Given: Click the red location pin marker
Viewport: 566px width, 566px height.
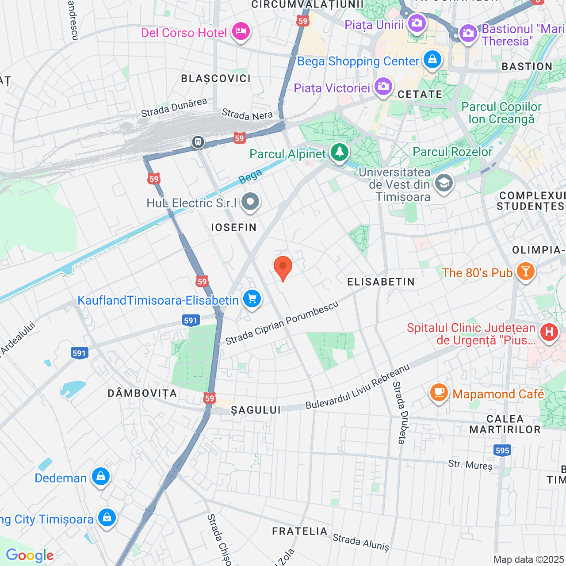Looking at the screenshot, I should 283,267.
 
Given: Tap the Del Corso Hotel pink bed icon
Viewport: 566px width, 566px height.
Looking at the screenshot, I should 241,32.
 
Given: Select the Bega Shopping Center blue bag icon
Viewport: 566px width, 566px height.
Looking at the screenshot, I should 432,59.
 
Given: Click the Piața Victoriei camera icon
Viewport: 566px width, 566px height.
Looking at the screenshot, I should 383,86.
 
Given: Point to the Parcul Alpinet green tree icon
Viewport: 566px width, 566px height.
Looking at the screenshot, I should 339,153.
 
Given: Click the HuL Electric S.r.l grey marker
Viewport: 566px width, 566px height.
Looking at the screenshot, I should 251,202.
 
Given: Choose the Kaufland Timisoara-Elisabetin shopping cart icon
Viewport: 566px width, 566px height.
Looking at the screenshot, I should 252,299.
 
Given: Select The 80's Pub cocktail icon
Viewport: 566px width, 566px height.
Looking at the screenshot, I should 525,272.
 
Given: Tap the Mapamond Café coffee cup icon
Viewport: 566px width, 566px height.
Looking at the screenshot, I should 439,392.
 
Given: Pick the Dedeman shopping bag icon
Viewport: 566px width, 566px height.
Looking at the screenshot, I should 100,477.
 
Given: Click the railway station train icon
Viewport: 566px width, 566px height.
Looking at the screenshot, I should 198,142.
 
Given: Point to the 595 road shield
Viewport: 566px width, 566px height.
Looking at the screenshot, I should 502,451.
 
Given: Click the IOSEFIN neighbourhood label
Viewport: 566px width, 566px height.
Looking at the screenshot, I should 234,228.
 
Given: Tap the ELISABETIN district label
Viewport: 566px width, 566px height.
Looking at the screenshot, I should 381,282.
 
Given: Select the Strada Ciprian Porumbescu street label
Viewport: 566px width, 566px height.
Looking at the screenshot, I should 282,324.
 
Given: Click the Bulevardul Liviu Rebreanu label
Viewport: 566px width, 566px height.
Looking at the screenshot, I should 358,386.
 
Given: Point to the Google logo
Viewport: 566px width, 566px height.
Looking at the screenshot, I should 30,555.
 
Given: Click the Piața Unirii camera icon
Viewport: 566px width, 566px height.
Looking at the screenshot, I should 417,23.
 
